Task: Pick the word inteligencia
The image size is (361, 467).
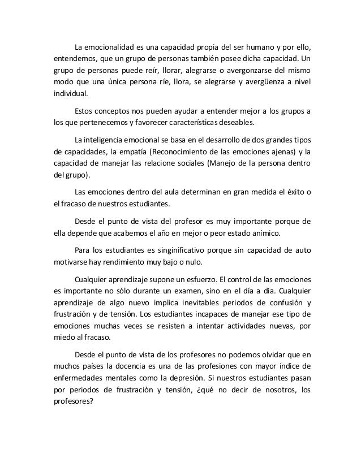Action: (108, 139)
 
